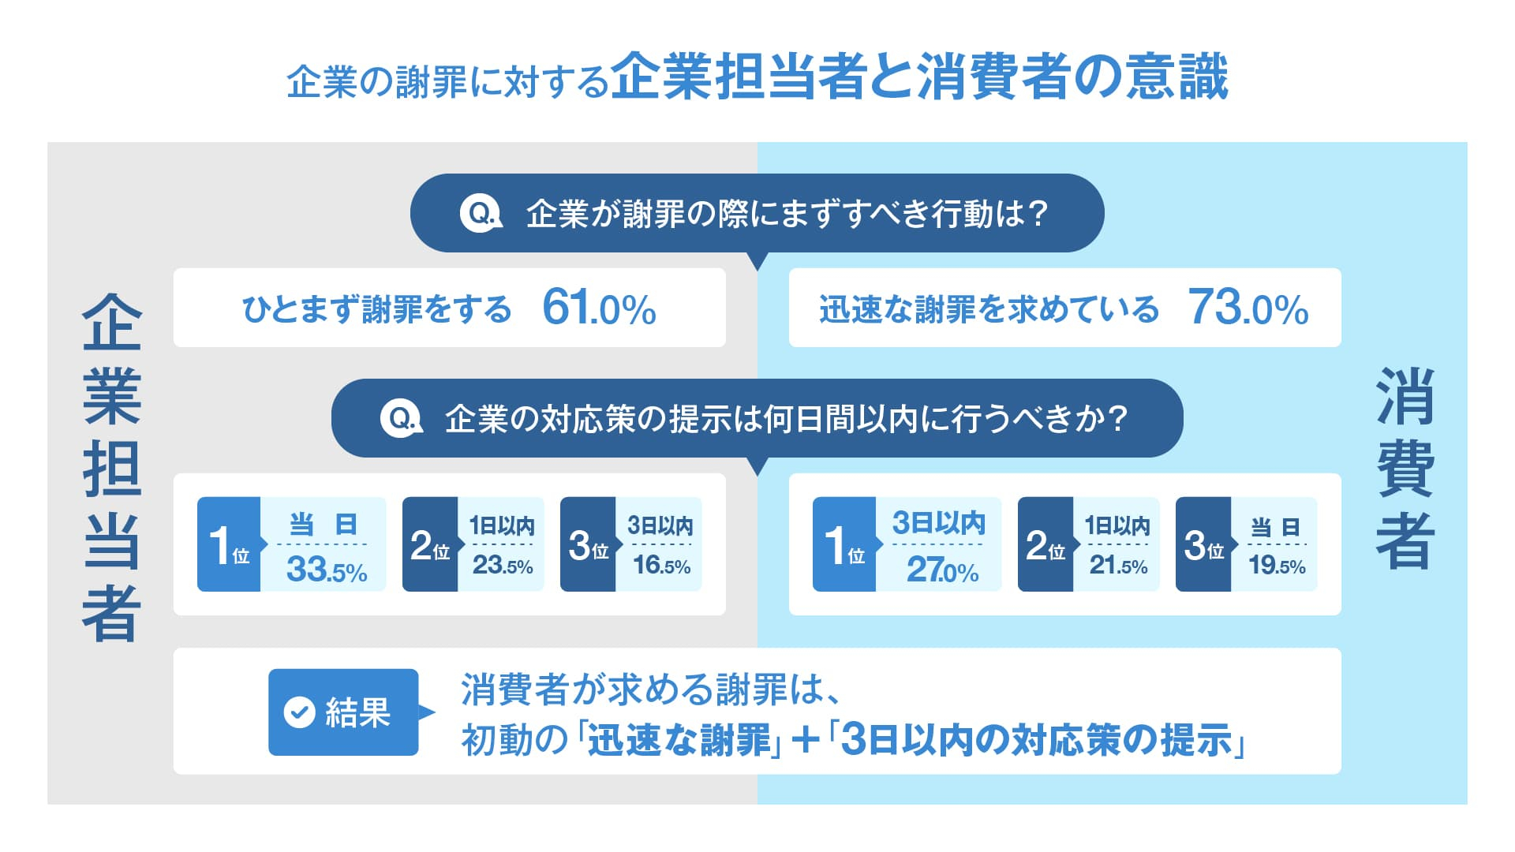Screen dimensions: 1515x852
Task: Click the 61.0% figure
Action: pos(599,308)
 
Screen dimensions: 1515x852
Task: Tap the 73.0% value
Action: pos(1248,308)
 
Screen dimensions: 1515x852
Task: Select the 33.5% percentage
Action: pos(327,569)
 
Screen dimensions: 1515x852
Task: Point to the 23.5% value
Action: pos(503,566)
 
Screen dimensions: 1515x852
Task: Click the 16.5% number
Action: pos(661,566)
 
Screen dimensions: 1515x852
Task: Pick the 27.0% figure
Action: pos(942,569)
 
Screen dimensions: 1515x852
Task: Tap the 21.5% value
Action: pos(1118,566)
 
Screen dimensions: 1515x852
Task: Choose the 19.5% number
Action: pos(1277,566)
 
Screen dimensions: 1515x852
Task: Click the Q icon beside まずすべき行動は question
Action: pos(481,213)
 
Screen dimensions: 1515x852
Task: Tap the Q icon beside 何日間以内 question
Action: pos(402,418)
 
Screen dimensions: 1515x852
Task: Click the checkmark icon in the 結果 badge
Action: pos(299,712)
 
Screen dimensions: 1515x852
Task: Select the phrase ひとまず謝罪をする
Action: pos(376,309)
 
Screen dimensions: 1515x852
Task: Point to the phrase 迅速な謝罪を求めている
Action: pos(989,309)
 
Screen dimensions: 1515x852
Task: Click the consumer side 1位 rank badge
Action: pos(844,544)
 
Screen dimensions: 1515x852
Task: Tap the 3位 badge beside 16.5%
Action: pos(588,544)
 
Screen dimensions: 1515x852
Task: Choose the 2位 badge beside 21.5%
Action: pos(1046,544)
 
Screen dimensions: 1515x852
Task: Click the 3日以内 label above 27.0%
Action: pos(939,523)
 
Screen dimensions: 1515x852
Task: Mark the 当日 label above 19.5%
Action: pos(1275,527)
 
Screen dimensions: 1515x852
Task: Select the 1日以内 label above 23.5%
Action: pos(502,525)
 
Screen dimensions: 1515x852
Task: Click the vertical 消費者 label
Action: pos(1405,469)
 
